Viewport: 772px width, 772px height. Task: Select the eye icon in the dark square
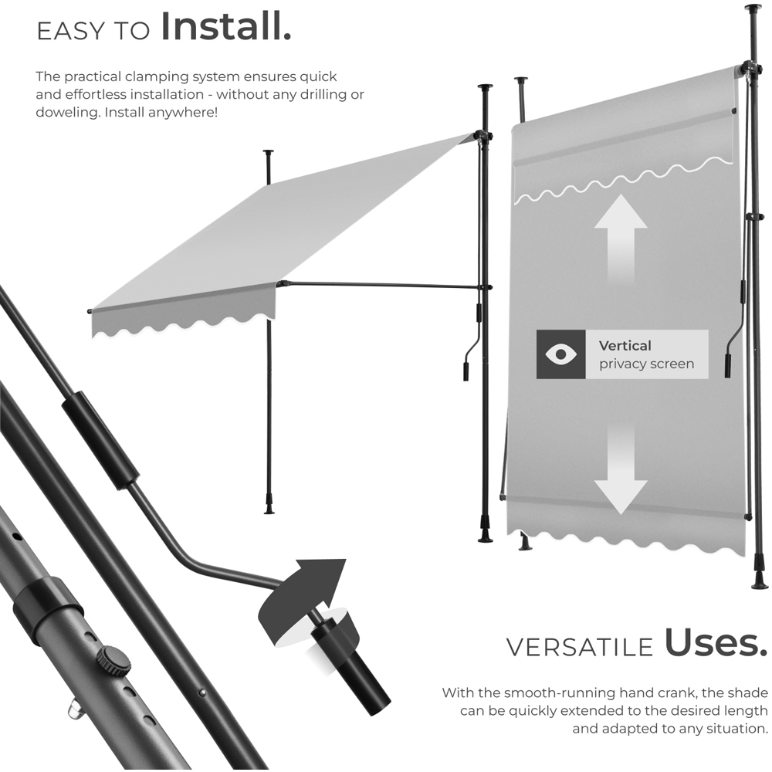click(x=560, y=354)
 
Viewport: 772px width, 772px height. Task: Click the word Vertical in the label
click(x=625, y=346)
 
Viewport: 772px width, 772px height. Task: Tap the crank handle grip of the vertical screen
click(x=727, y=366)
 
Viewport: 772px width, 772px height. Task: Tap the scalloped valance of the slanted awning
click(x=184, y=324)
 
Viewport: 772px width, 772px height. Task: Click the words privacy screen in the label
click(x=646, y=364)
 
